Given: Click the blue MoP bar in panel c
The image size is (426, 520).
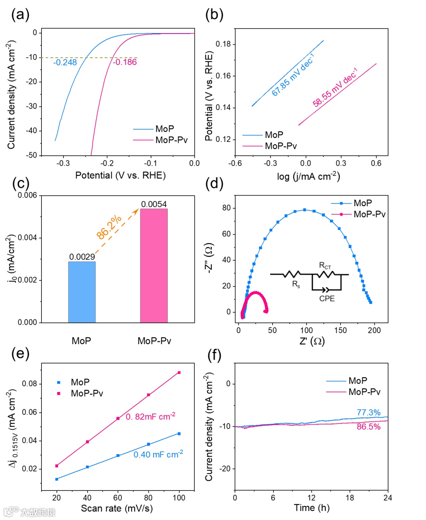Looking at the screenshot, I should click(x=82, y=292).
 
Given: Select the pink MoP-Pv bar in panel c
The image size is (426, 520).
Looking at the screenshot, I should click(x=154, y=265).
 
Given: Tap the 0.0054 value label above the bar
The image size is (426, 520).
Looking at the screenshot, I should click(x=154, y=204).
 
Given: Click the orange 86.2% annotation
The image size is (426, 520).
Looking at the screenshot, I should click(x=109, y=227).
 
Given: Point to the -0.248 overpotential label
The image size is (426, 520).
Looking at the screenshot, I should click(x=65, y=62).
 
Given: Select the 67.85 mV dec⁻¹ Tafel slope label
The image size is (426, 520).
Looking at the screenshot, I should click(x=293, y=75).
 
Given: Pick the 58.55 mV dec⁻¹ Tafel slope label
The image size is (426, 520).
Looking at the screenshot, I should click(x=335, y=88).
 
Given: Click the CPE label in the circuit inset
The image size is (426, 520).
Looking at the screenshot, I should click(x=327, y=298).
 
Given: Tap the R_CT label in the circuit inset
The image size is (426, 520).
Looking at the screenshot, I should click(x=325, y=266).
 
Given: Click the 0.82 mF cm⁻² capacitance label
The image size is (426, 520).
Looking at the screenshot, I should click(x=150, y=416).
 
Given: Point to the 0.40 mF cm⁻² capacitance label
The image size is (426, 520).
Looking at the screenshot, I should click(x=158, y=454).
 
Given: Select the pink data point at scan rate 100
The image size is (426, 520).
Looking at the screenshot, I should click(x=179, y=373).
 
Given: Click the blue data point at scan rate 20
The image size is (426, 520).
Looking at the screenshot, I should click(x=57, y=479).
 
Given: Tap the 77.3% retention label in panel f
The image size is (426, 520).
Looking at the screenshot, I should click(x=368, y=412).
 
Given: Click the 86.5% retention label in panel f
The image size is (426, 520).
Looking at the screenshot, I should click(x=368, y=427).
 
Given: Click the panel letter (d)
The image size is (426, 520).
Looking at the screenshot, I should click(x=214, y=183).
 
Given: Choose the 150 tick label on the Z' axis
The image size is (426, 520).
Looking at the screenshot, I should click(x=340, y=330).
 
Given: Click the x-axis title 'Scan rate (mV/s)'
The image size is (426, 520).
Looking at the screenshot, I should click(x=117, y=508).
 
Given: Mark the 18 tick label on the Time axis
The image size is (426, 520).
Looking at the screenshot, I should click(x=350, y=498).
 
